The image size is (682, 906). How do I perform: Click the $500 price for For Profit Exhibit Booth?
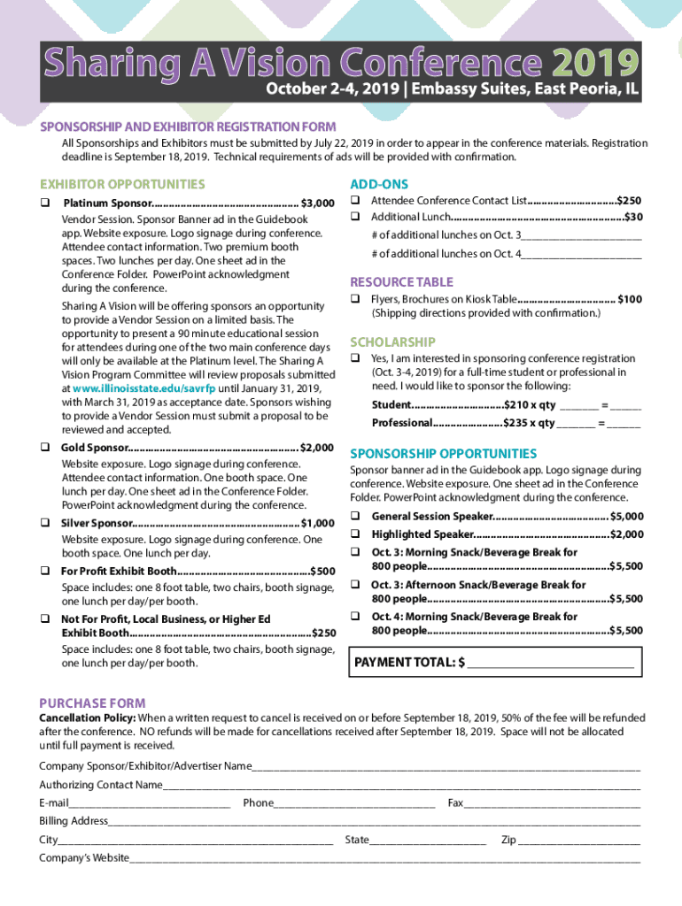[322, 571]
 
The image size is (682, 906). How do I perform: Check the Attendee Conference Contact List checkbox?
[354, 201]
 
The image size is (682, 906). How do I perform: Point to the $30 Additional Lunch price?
[633, 218]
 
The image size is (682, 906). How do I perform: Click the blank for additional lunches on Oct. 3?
[581, 235]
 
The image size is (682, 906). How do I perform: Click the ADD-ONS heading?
[379, 184]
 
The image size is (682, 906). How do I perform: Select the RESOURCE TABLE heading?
[401, 282]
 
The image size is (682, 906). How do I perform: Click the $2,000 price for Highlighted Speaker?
[626, 534]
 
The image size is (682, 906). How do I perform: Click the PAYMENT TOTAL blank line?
[550, 663]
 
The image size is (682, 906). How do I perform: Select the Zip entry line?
[579, 840]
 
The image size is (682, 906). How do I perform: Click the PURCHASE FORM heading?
[92, 703]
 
